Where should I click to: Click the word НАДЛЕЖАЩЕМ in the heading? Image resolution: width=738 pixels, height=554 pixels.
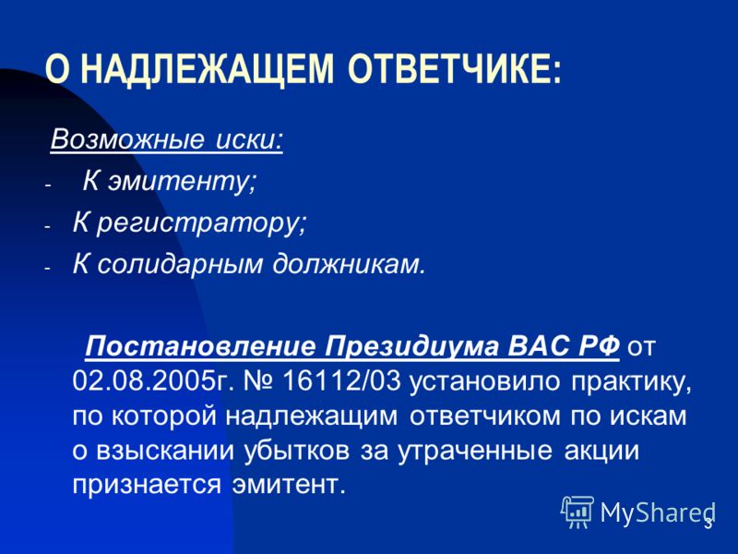(208, 69)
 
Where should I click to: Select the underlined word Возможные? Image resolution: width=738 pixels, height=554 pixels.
(127, 139)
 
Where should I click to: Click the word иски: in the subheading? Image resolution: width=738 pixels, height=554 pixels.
(249, 139)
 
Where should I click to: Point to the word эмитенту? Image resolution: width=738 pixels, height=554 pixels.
(183, 181)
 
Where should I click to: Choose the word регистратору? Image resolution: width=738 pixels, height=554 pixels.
(201, 223)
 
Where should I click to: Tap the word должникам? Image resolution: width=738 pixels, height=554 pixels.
(349, 264)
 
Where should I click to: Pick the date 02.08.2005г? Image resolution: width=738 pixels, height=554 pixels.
(153, 382)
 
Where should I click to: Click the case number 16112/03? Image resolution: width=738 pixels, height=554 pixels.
(341, 382)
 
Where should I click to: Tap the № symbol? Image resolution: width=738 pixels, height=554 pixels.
(258, 382)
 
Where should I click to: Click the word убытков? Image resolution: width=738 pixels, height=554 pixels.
(297, 452)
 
